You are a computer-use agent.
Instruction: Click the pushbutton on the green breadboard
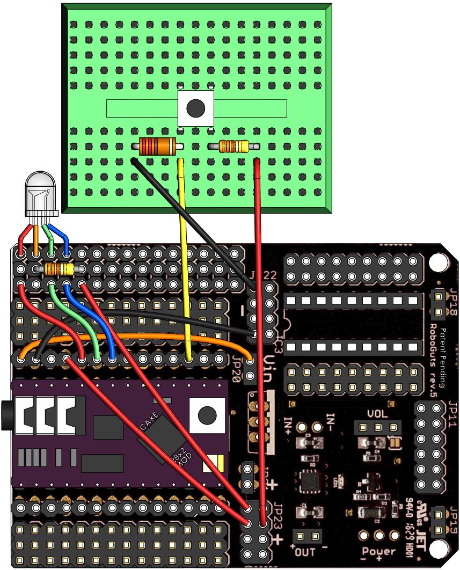click(196, 108)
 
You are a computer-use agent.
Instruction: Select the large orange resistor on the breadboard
click(157, 146)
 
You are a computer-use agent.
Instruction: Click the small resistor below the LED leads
click(58, 269)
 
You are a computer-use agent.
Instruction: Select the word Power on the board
click(379, 552)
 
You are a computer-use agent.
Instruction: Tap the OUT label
click(308, 551)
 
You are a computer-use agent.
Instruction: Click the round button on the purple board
click(207, 414)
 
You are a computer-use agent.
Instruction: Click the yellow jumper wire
click(185, 258)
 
